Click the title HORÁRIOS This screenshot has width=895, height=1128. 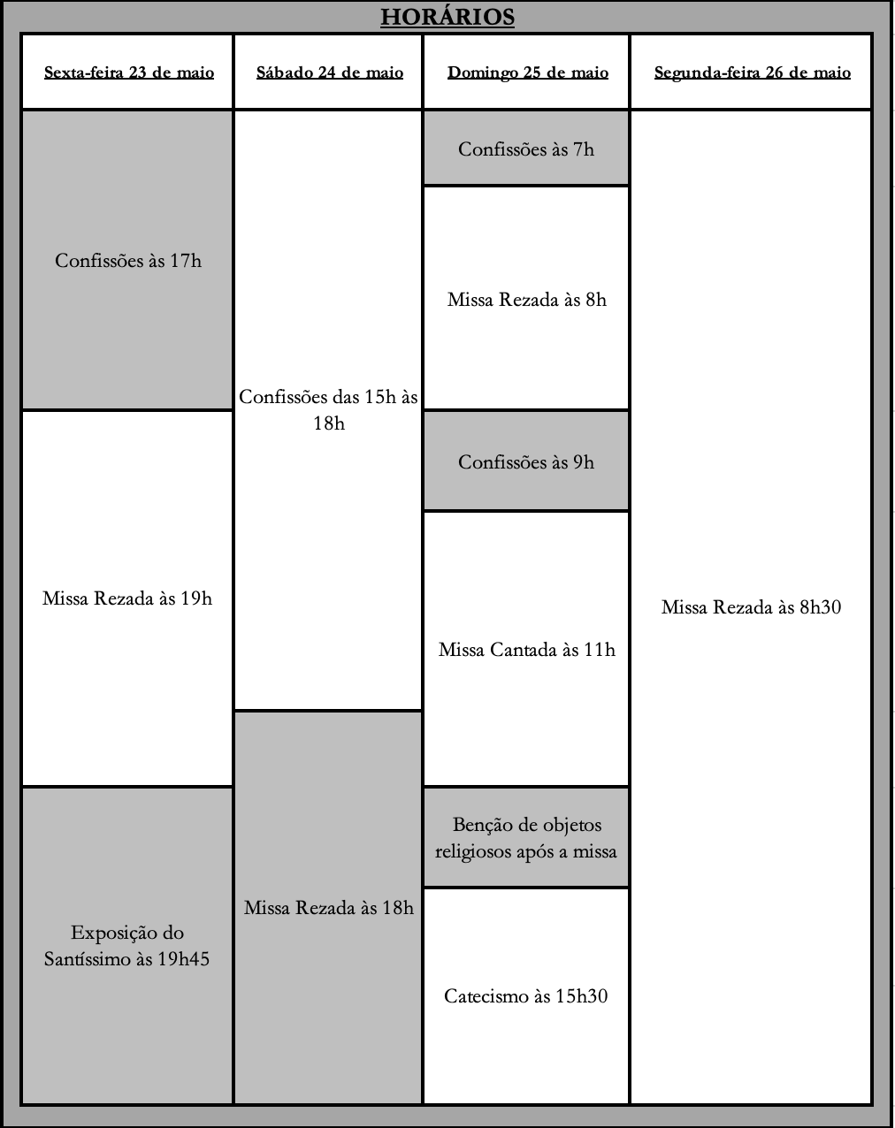tap(447, 17)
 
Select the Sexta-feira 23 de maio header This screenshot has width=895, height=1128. tap(129, 72)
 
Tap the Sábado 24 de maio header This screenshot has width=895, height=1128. tap(330, 72)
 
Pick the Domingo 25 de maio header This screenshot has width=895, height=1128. tap(527, 72)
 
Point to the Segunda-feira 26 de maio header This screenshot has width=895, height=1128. tap(753, 72)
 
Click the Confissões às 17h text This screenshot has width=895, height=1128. tap(128, 261)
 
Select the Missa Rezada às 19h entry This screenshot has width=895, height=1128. tap(127, 598)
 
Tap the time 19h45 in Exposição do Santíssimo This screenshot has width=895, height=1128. tap(183, 958)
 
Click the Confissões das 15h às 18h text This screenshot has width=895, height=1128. tap(329, 410)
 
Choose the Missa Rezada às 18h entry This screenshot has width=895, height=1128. tap(329, 907)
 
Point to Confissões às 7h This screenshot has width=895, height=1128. tap(526, 149)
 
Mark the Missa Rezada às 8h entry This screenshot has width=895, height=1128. tap(527, 300)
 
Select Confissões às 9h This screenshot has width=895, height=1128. tap(526, 461)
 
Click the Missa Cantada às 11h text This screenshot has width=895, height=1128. tap(527, 650)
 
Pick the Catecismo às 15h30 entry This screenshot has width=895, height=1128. tap(526, 995)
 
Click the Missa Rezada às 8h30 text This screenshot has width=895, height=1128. tap(752, 607)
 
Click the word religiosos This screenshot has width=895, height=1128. tap(473, 851)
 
